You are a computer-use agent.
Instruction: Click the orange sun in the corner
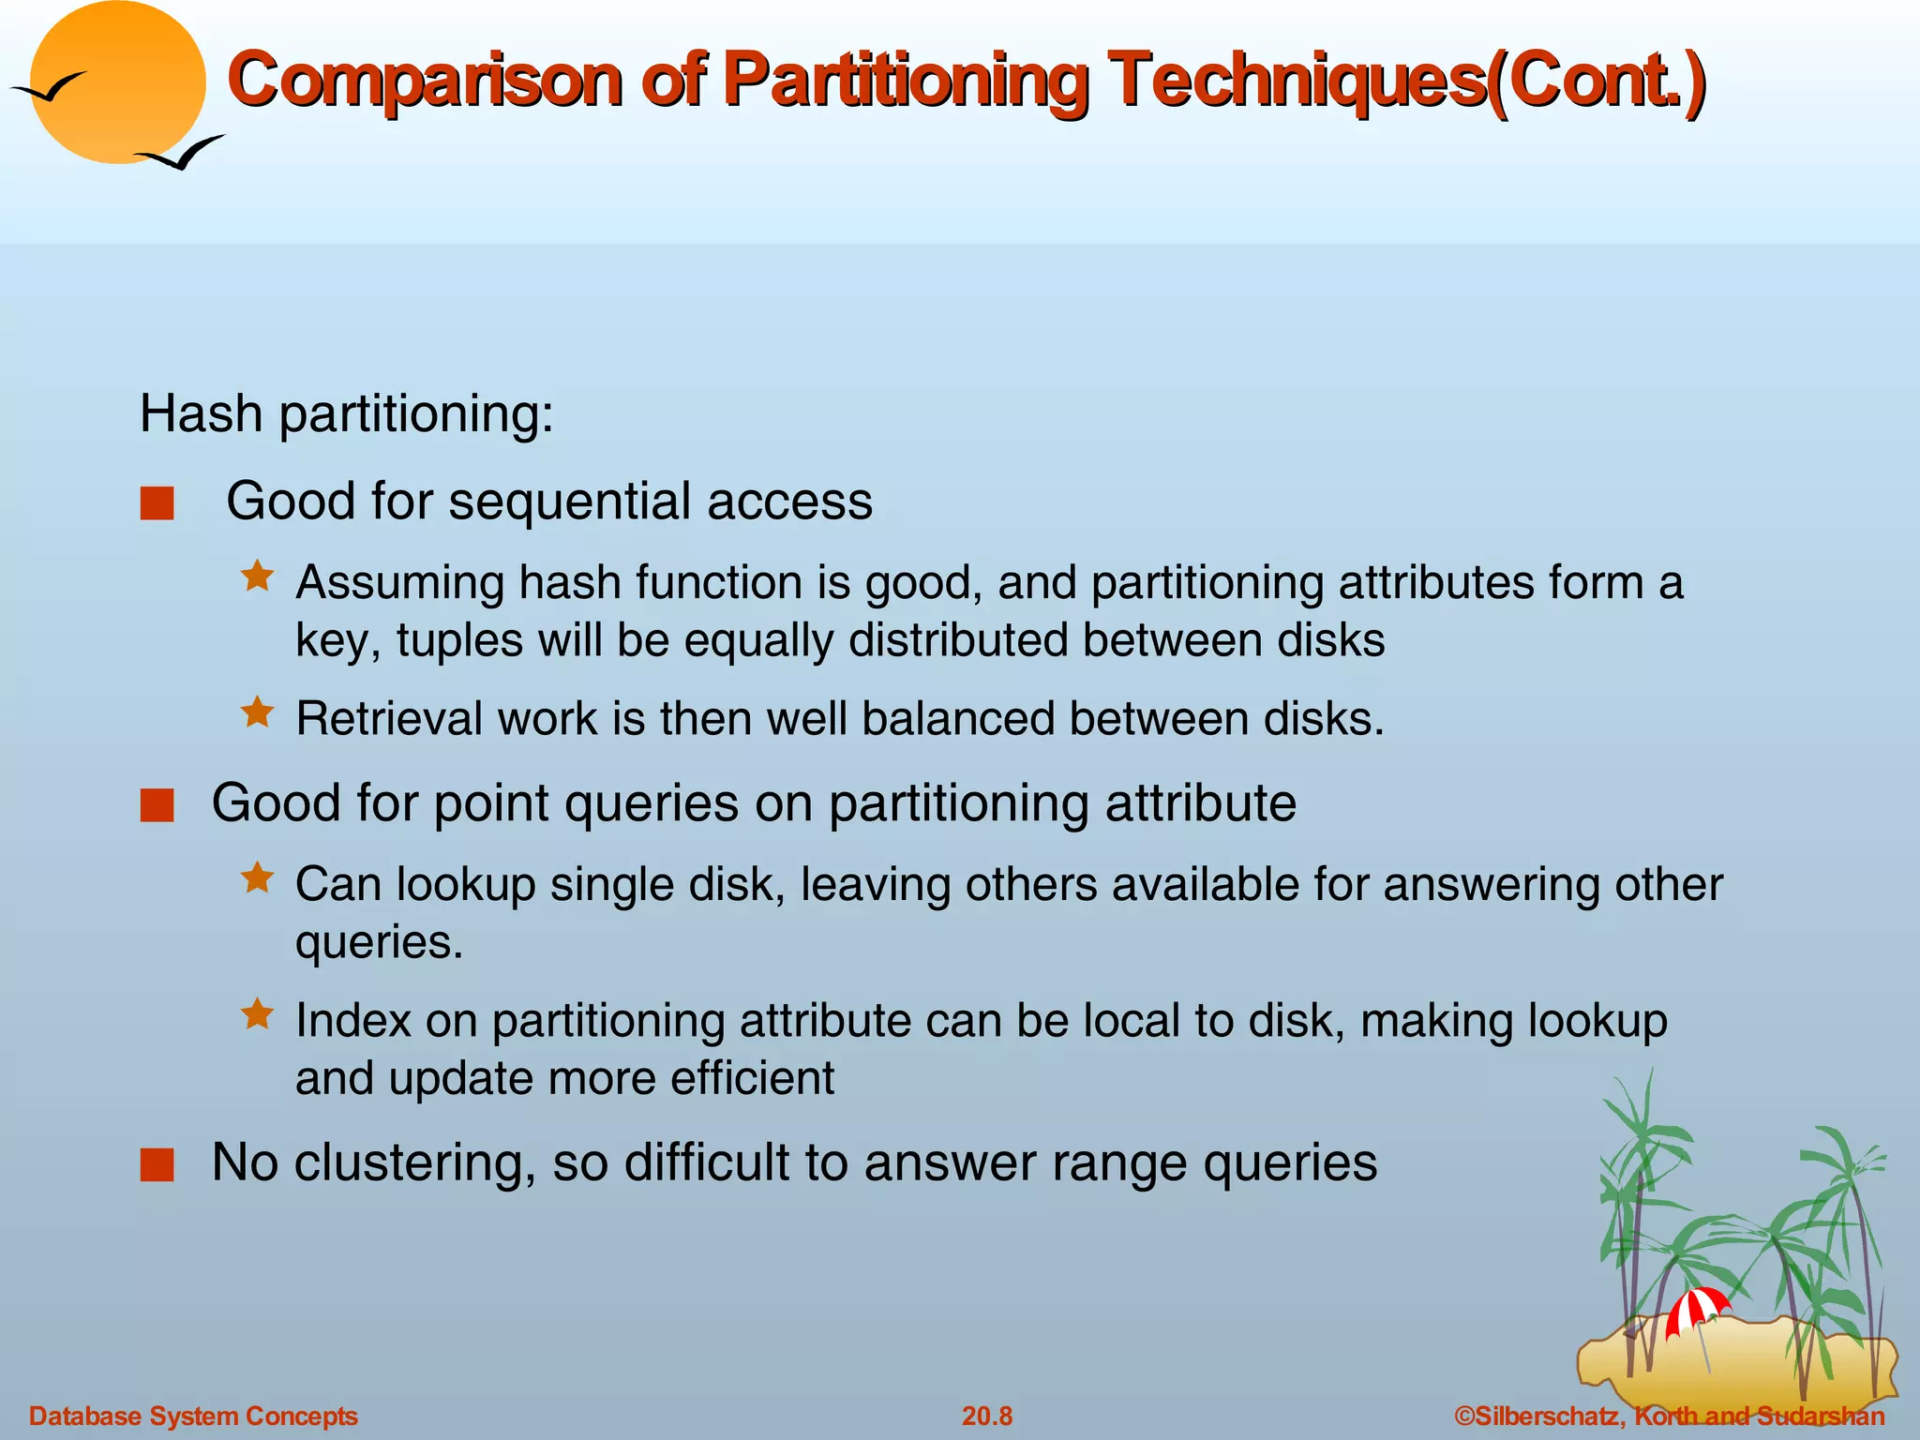[118, 82]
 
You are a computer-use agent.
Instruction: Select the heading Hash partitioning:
[346, 413]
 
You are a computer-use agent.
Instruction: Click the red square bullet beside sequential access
[157, 503]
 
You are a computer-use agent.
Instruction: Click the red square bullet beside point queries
[157, 805]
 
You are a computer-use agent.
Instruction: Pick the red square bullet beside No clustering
[157, 1164]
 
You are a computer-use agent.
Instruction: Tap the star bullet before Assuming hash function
[257, 576]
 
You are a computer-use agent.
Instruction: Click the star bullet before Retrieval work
[257, 712]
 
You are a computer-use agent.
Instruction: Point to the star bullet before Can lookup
[257, 878]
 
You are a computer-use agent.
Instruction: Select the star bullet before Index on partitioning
[257, 1014]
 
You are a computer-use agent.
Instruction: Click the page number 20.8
[987, 1416]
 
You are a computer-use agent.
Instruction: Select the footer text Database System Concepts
[193, 1416]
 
